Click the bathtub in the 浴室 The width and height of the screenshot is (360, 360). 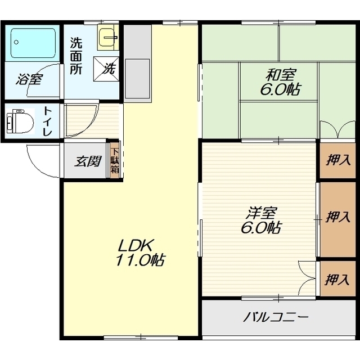33,43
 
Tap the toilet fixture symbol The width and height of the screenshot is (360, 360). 20,121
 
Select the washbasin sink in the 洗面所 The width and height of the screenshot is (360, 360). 108,37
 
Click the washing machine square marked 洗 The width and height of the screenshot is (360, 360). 106,69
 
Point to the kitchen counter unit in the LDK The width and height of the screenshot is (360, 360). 137,64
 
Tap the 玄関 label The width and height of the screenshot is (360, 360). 88,161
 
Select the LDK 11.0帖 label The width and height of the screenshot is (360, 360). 139,253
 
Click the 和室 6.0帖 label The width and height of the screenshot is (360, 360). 280,82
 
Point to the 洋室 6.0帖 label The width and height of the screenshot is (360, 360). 260,220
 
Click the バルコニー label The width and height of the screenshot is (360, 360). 276,317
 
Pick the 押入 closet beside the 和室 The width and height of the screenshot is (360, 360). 337,160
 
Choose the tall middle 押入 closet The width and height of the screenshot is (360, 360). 337,219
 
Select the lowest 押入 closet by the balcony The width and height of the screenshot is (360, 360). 337,279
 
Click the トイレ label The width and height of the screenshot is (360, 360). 47,121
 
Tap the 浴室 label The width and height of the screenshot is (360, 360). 29,79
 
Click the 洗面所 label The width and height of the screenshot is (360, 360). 76,56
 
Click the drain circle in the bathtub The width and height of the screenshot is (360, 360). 16,42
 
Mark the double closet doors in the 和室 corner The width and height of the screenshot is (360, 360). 337,130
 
